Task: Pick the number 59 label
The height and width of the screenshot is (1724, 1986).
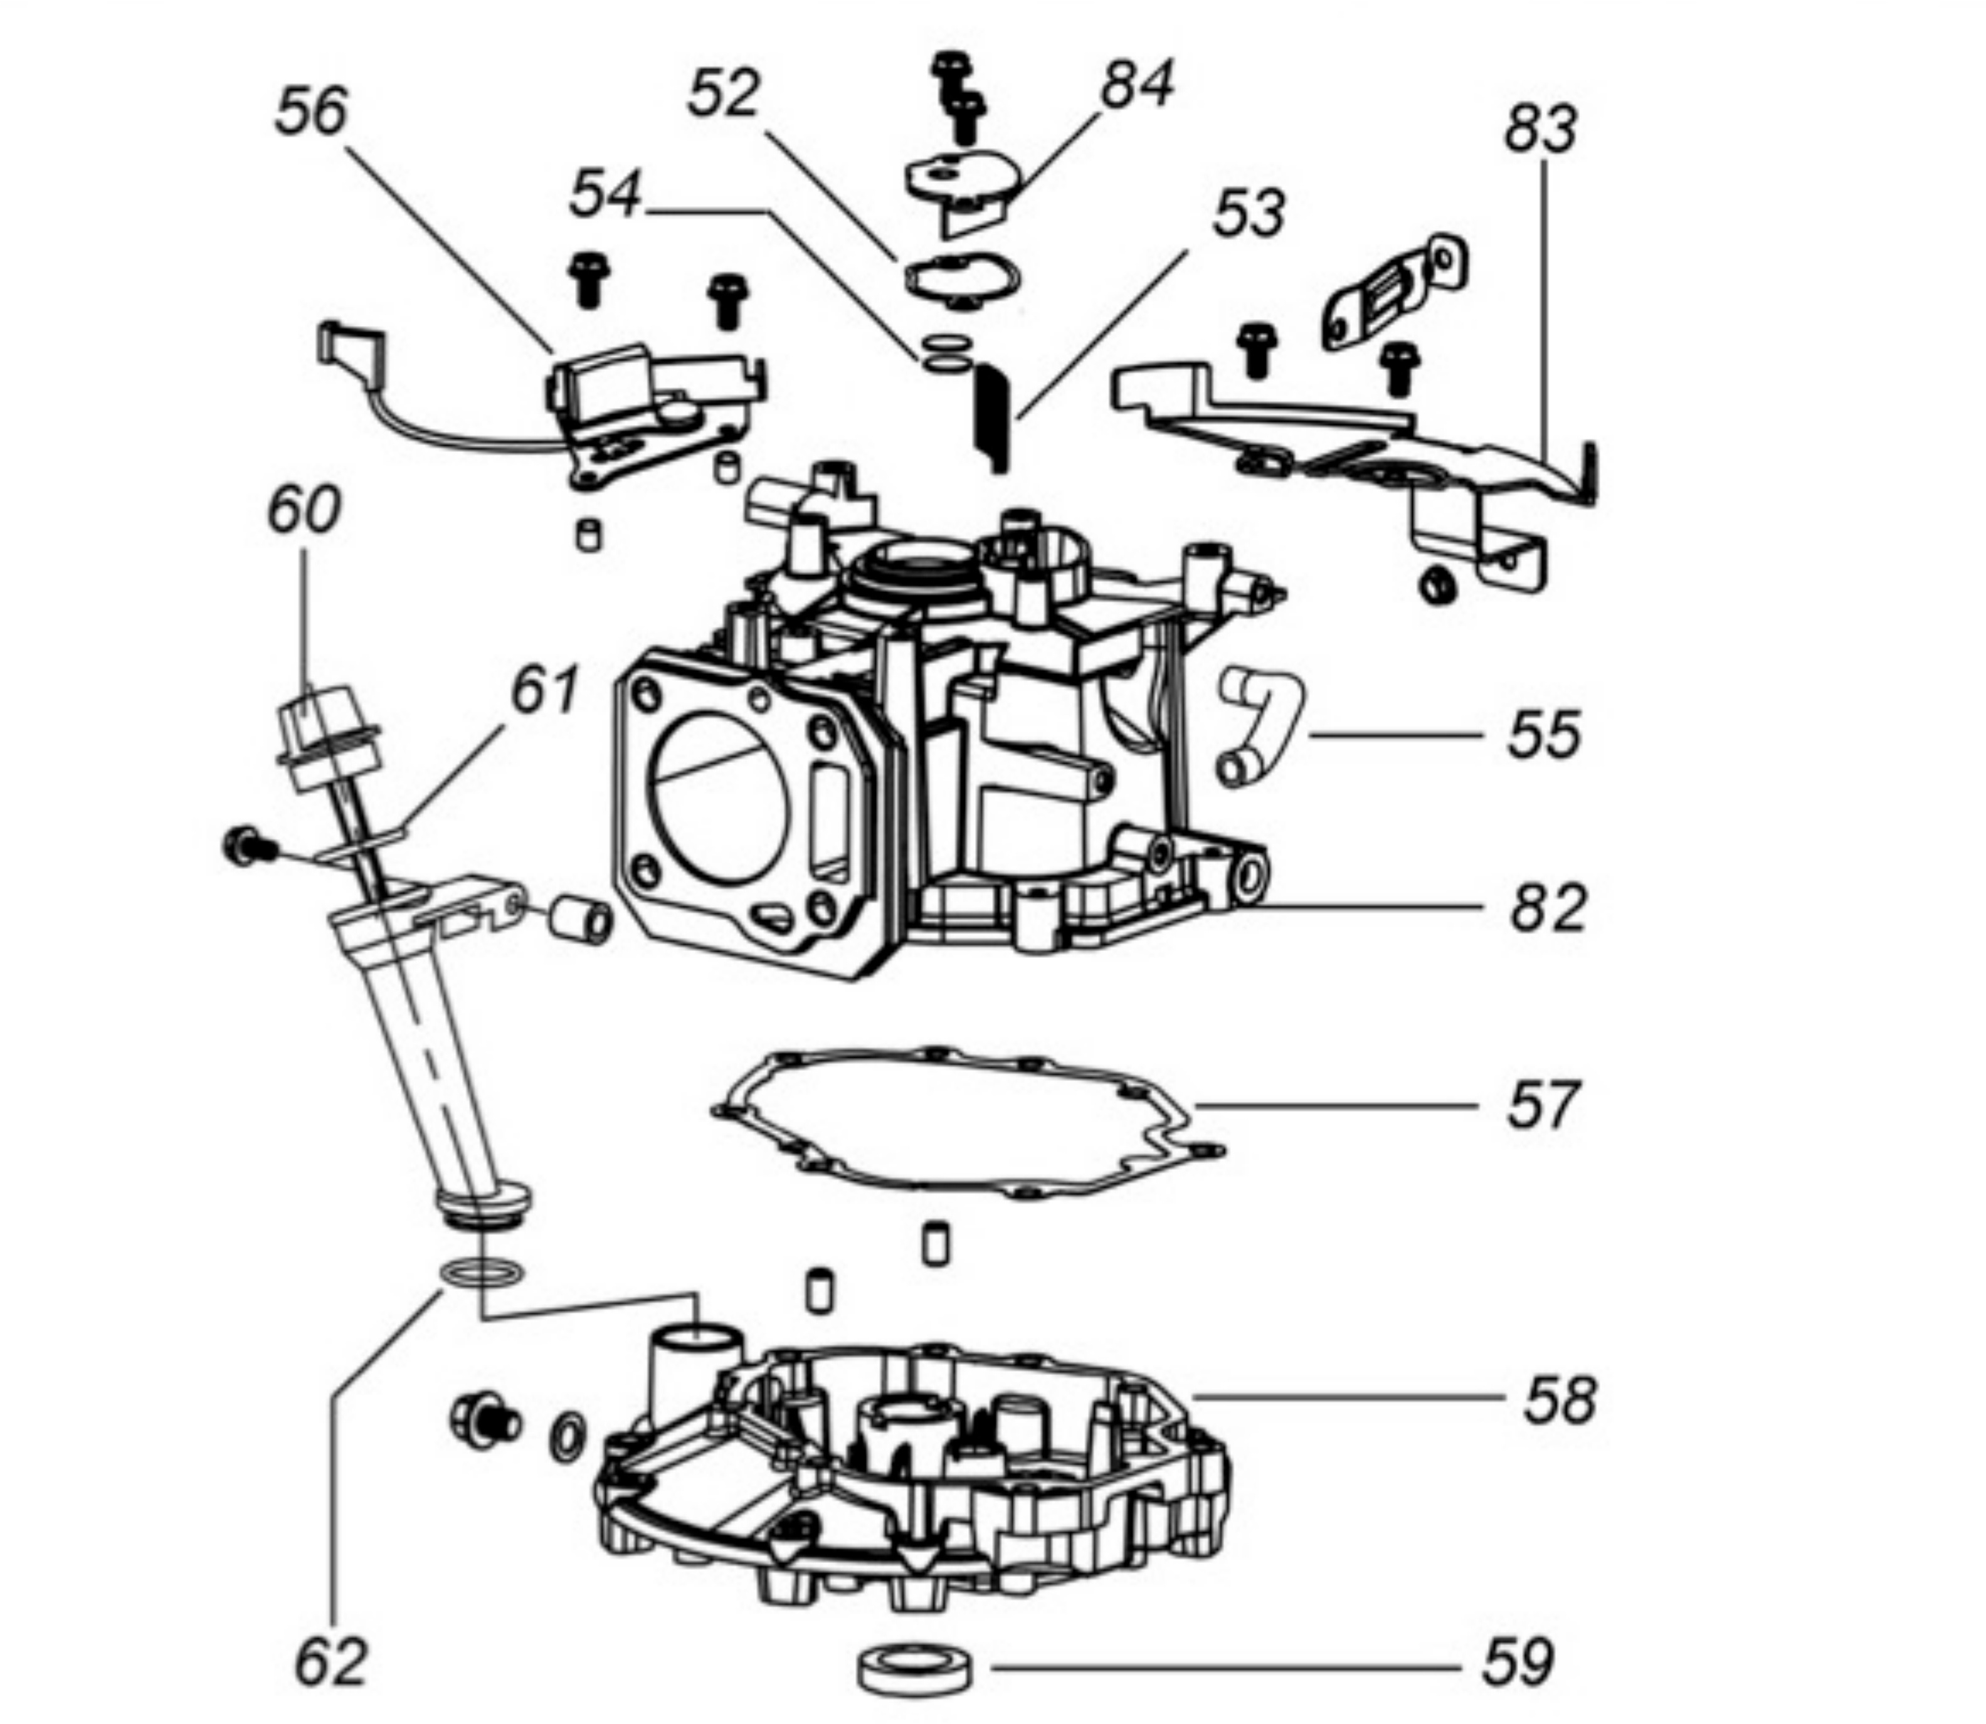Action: pyautogui.click(x=1518, y=1661)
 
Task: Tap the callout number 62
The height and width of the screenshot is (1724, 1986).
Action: pyautogui.click(x=330, y=1661)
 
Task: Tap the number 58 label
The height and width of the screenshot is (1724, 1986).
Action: pyautogui.click(x=1559, y=1401)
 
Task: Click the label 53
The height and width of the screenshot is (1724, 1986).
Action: pyautogui.click(x=1248, y=214)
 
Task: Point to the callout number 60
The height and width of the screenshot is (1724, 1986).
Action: pyautogui.click(x=304, y=509)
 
